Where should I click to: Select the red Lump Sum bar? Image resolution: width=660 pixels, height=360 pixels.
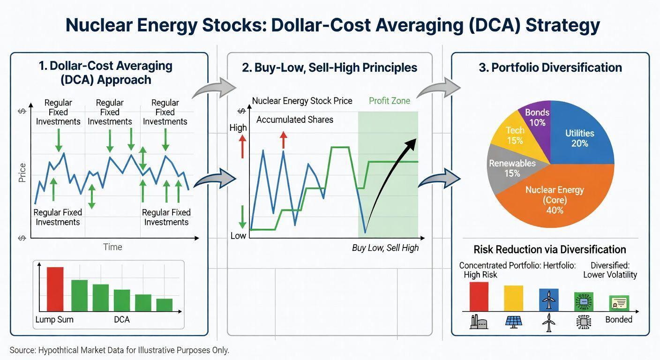coord(55,289)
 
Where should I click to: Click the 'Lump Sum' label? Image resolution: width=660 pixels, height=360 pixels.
coord(54,320)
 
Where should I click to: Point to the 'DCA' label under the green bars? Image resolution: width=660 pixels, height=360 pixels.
coord(121,320)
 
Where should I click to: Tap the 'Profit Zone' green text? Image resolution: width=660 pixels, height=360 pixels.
coord(389,101)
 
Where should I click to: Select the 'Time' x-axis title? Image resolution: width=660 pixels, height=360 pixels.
coord(112,247)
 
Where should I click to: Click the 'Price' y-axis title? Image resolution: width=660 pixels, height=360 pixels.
coord(22,172)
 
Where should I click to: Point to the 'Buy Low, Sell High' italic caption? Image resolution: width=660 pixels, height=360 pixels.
coord(385,248)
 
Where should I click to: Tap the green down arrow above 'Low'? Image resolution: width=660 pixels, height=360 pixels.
coord(242,217)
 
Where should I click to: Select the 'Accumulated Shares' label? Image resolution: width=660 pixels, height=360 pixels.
coord(295,120)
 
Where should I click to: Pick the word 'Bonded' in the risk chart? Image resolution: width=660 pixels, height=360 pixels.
coord(618,320)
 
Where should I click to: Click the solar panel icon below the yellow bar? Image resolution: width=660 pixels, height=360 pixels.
coord(513,321)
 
